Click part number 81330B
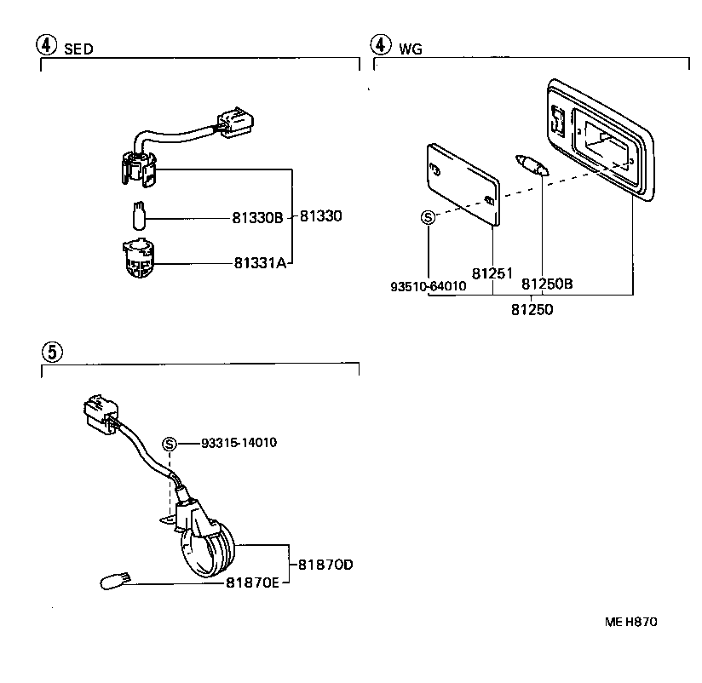click(x=257, y=218)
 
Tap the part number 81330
click(x=321, y=217)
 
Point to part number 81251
click(x=492, y=274)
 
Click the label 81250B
click(x=547, y=283)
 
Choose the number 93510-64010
click(x=429, y=287)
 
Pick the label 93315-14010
click(x=239, y=443)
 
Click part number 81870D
click(x=325, y=565)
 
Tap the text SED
click(x=78, y=49)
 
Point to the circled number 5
click(x=51, y=350)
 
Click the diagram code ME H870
click(x=631, y=622)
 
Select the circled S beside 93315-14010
click(x=170, y=443)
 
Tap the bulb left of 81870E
click(x=114, y=583)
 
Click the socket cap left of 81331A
click(x=138, y=259)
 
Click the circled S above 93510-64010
click(x=429, y=217)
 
